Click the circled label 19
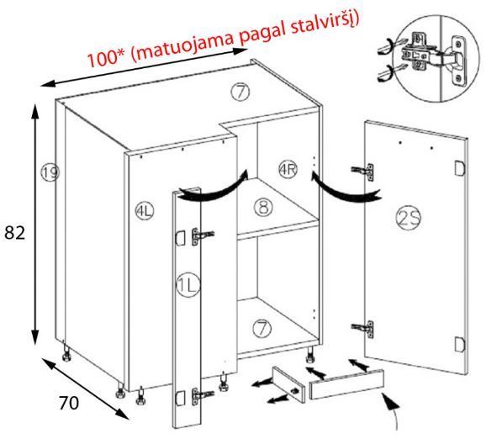click(50, 172)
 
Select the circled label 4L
click(144, 211)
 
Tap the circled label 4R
click(288, 169)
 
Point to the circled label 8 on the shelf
click(263, 207)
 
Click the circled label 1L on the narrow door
click(188, 284)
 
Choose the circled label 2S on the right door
click(409, 219)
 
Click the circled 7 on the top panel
click(240, 92)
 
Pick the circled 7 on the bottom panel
click(262, 329)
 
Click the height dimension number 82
click(15, 233)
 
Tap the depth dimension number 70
click(69, 403)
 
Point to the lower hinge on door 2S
click(362, 329)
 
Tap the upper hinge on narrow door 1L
click(203, 236)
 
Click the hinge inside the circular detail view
click(432, 58)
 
